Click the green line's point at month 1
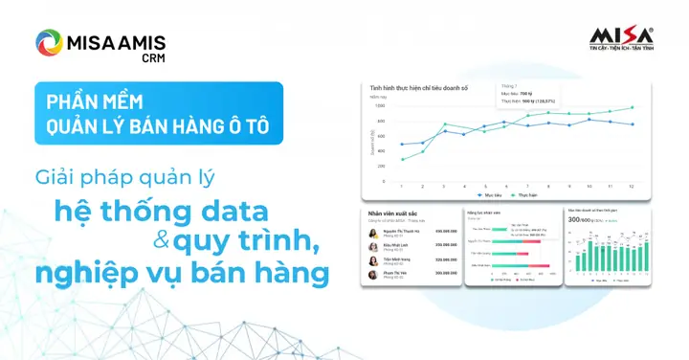(403, 159)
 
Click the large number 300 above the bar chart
(575, 219)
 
